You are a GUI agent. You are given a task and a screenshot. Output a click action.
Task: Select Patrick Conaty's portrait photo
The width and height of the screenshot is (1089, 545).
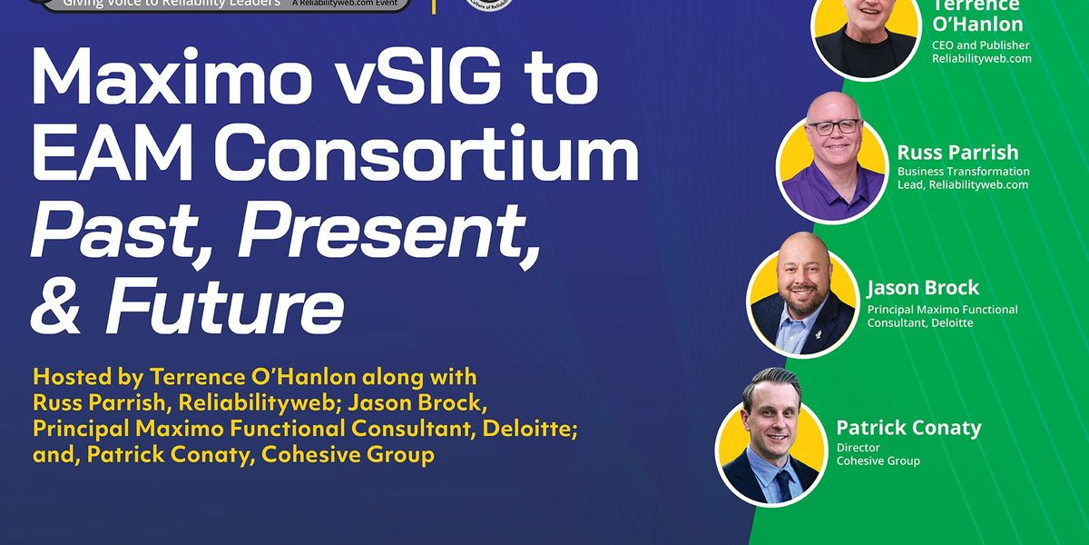771,439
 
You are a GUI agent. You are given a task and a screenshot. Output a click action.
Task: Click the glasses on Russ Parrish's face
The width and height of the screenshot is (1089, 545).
832,128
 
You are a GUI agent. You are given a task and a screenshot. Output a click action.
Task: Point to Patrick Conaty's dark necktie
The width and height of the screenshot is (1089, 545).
782,483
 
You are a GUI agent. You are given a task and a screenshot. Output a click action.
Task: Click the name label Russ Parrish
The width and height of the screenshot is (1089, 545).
957,152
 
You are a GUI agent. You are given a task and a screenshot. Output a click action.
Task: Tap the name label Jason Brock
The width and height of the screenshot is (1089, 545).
922,288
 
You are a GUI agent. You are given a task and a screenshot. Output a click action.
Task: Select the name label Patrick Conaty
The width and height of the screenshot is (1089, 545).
908,427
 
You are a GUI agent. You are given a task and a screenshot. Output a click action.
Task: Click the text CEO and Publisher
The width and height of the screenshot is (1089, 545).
980,44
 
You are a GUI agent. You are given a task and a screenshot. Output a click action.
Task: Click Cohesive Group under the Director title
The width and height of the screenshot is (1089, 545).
878,461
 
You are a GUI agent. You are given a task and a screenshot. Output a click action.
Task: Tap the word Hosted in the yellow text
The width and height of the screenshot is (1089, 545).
69,375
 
